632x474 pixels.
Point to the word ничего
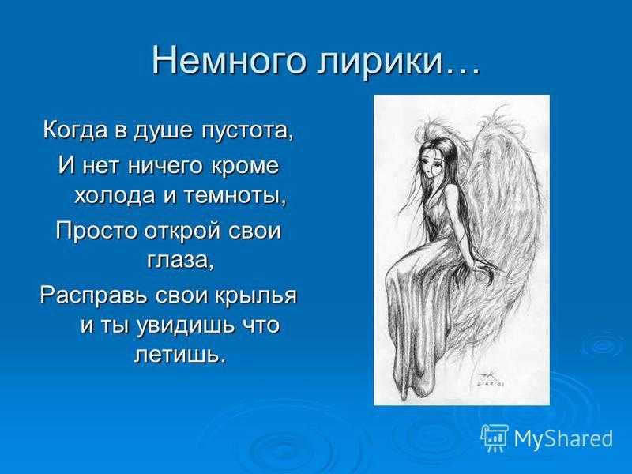pos(166,166)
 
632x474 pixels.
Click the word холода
pos(115,195)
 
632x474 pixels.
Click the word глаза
pos(179,260)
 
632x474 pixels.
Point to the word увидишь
pos(185,325)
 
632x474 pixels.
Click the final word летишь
pos(179,355)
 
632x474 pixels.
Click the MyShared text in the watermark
pos(563,438)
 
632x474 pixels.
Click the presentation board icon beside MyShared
pos(495,438)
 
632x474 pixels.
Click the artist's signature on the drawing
pos(488,380)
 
